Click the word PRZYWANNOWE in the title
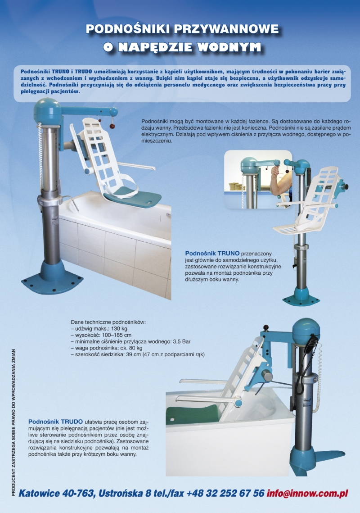pyautogui.click(x=225, y=29)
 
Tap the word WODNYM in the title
pyautogui.click(x=229, y=47)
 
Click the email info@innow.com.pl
pyautogui.click(x=307, y=493)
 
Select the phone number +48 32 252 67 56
pyautogui.click(x=225, y=493)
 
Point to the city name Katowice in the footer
pyautogui.click(x=39, y=493)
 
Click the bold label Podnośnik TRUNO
pyautogui.click(x=212, y=254)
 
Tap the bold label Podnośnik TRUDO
pyautogui.click(x=55, y=422)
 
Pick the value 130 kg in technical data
pyautogui.click(x=119, y=329)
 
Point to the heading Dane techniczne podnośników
pyautogui.click(x=108, y=322)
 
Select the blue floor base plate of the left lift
pyautogui.click(x=52, y=281)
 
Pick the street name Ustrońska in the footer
pyautogui.click(x=121, y=493)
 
